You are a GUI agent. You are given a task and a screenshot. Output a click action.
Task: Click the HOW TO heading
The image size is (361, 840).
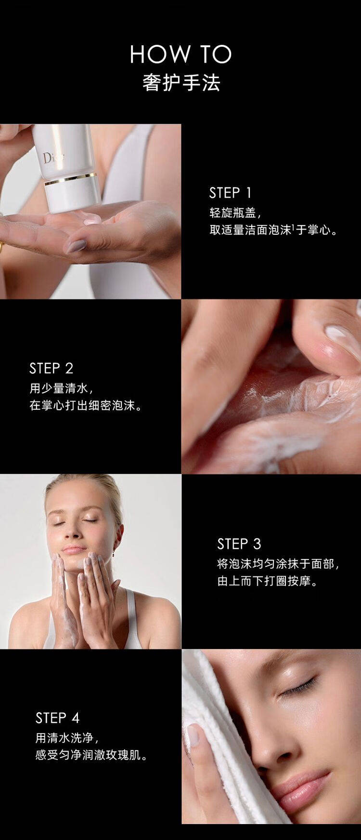click(181, 54)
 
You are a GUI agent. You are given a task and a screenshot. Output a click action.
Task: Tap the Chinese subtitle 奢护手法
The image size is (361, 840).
click(181, 83)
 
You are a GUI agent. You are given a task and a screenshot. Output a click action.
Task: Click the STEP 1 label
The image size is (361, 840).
click(230, 193)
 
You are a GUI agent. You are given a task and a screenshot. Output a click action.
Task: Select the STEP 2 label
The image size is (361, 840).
click(51, 369)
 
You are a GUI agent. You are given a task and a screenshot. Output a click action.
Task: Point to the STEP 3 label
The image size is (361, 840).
click(239, 544)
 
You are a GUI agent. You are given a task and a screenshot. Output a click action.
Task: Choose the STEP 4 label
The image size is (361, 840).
click(57, 718)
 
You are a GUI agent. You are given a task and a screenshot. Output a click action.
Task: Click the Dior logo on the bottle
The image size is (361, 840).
click(52, 158)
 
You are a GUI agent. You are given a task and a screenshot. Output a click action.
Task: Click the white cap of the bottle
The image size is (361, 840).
click(72, 195)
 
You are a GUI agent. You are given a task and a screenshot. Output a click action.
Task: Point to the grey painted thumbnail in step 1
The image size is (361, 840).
click(76, 246)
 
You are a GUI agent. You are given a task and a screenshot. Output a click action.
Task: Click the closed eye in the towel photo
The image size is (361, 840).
click(299, 687)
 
